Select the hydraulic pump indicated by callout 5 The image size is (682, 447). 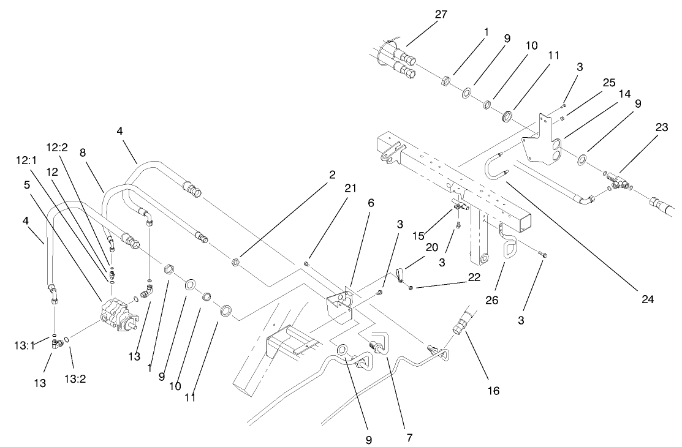pos(116,315)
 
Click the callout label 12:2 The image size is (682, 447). pos(57,147)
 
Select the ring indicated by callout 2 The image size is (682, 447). pos(235,263)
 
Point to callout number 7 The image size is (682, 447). pos(409,438)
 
